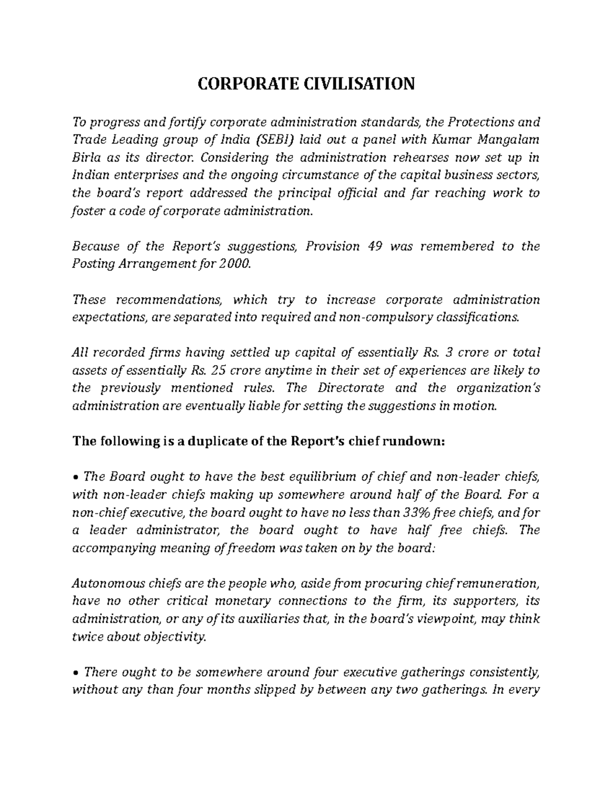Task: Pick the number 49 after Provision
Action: (376, 246)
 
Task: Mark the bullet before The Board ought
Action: (76, 478)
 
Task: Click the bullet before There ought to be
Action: (76, 673)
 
